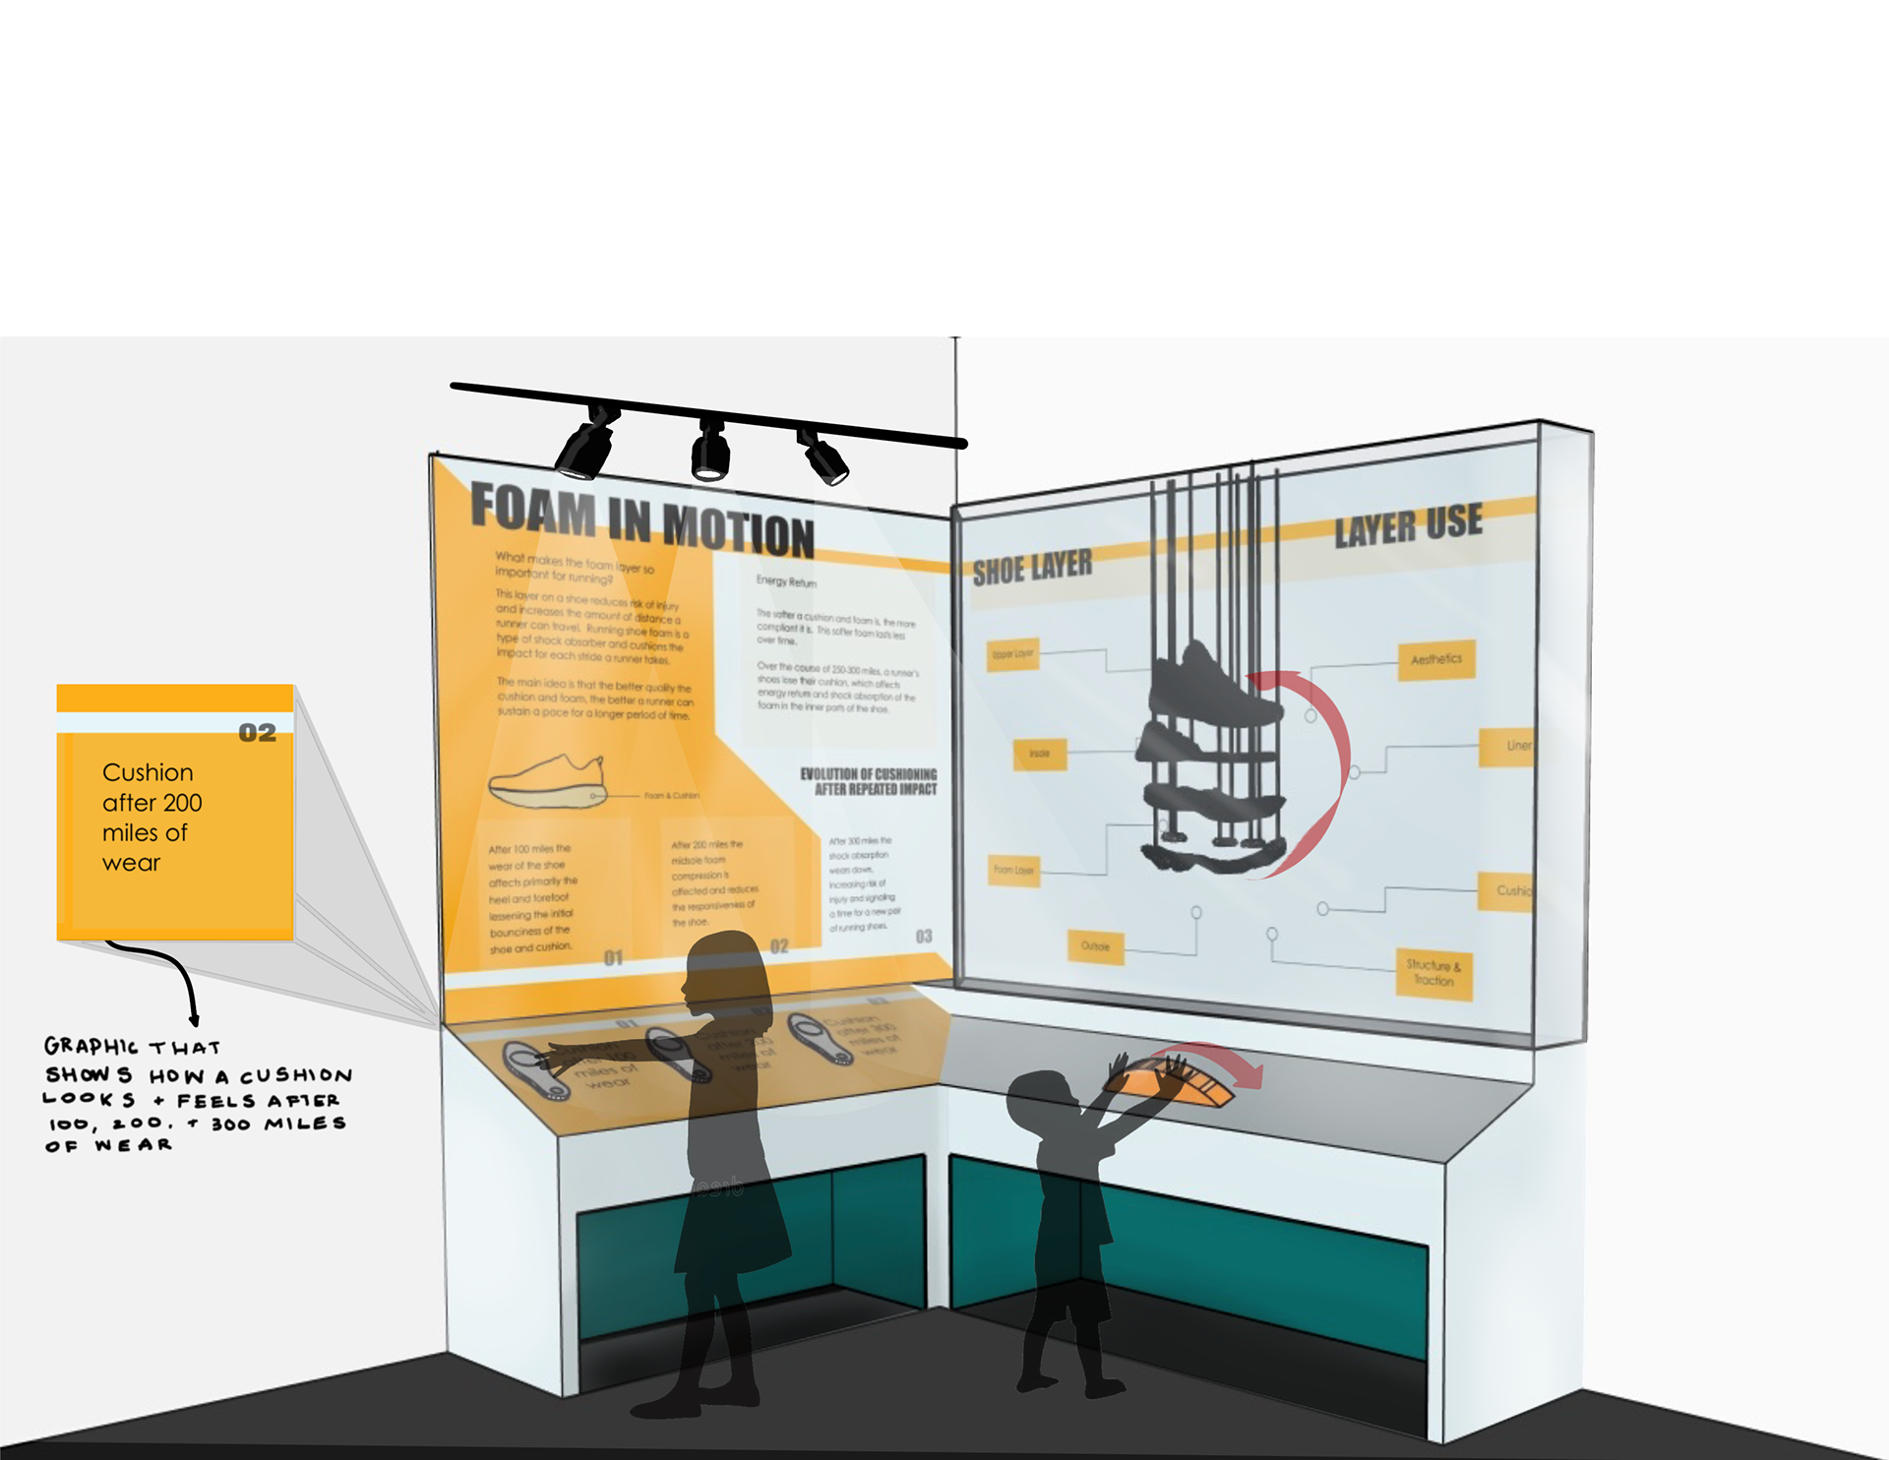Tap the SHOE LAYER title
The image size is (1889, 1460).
point(1032,568)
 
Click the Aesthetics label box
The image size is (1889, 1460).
point(1436,659)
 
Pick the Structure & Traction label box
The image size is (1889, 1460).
point(1434,973)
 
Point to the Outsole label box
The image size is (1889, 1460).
point(1095,946)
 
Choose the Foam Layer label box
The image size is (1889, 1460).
point(1013,870)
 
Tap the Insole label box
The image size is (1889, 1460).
point(1039,754)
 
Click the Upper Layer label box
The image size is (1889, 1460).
point(1012,653)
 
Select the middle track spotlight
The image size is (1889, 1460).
point(709,453)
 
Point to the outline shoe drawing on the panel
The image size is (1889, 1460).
point(547,782)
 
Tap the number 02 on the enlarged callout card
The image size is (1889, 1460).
point(257,733)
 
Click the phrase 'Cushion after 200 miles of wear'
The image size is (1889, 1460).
point(152,817)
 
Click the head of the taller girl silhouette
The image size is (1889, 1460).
point(726,974)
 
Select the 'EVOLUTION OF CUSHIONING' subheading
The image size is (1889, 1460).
point(868,781)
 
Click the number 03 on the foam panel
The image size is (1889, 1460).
point(923,936)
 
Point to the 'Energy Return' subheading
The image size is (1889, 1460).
point(786,581)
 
